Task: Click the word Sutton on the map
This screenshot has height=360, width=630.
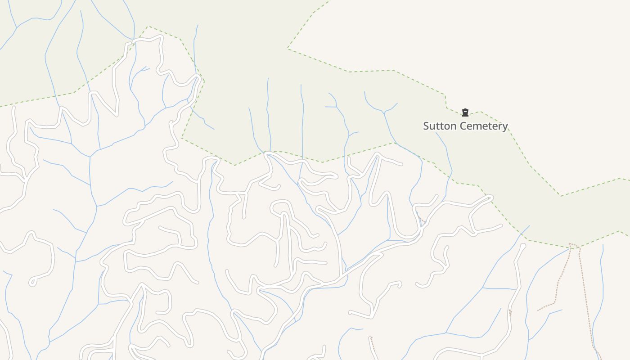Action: click(x=439, y=126)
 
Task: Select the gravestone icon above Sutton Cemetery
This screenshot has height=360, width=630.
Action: click(x=465, y=112)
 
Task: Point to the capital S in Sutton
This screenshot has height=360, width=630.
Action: click(x=427, y=126)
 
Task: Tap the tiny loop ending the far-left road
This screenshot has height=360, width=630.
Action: click(x=32, y=283)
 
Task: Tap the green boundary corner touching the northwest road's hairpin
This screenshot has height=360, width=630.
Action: click(x=203, y=81)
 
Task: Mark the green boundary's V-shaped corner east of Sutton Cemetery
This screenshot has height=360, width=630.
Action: click(x=561, y=196)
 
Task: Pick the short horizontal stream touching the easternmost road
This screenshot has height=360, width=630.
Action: click(x=499, y=288)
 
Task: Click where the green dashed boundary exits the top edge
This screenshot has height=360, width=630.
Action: click(x=328, y=1)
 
